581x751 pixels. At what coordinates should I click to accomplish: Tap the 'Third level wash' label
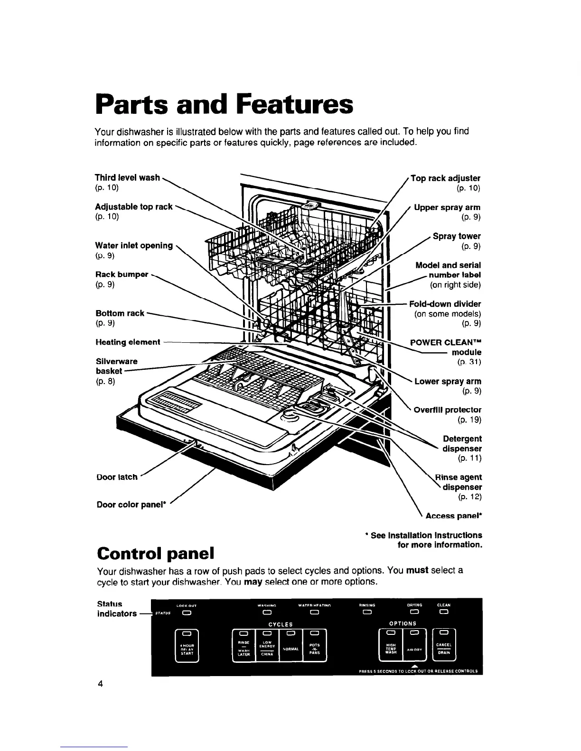[x=127, y=177]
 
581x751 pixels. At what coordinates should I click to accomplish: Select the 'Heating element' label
[x=128, y=342]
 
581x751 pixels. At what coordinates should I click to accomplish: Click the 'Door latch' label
[x=116, y=477]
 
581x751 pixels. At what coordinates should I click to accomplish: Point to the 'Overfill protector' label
[x=448, y=410]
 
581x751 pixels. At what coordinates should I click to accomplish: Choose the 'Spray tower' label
[x=457, y=236]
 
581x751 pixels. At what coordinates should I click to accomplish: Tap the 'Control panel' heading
[x=155, y=553]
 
